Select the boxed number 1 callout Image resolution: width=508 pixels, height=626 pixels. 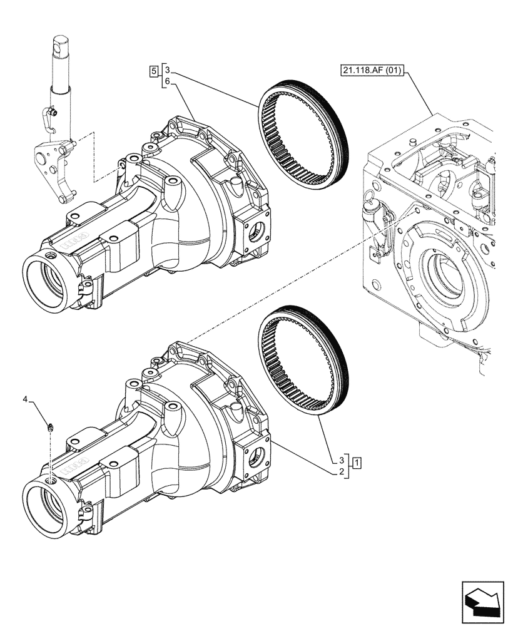coord(356,463)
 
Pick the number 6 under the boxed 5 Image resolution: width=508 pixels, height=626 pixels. coord(168,81)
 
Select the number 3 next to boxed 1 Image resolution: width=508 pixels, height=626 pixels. coord(342,459)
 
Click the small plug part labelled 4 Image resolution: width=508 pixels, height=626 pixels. coord(49,428)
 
